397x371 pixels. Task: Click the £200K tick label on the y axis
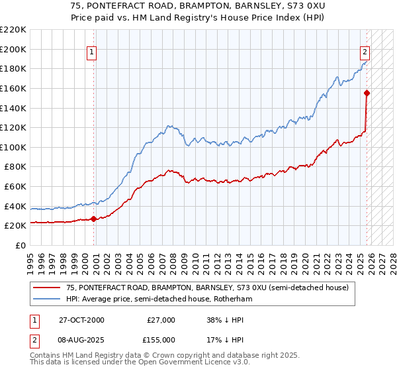[x=13, y=49]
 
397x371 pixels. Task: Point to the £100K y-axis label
[x=13, y=147]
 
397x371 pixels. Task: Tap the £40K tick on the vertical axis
[x=16, y=206]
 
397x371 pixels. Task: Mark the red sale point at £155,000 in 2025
[x=367, y=93]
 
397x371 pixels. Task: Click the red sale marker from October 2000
[x=93, y=219]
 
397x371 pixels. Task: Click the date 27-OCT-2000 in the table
[x=81, y=320]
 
